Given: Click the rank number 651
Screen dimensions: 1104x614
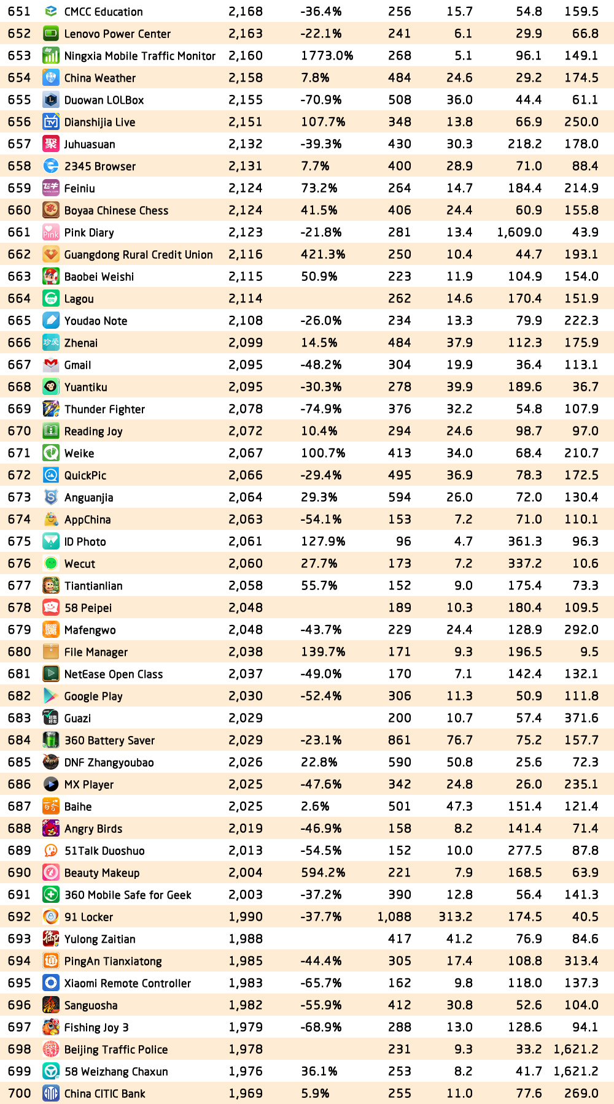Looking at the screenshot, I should click(19, 12).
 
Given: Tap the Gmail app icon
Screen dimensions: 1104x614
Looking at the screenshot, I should click(51, 365).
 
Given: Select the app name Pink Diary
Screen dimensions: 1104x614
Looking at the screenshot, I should click(89, 232).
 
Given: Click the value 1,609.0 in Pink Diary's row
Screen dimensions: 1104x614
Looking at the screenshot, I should click(519, 232).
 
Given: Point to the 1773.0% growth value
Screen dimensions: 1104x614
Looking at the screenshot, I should click(327, 56).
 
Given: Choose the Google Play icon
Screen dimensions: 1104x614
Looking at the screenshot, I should click(51, 696).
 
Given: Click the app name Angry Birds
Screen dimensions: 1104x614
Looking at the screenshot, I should click(93, 829).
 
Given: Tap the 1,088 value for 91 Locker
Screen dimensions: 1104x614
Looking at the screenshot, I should click(394, 917).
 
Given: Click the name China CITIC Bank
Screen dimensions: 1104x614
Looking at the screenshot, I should click(105, 1094).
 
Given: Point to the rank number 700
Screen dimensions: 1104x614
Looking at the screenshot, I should click(19, 1094).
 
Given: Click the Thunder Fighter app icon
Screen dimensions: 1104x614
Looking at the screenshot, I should click(51, 409).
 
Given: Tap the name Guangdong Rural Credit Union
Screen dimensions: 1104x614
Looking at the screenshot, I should click(139, 255).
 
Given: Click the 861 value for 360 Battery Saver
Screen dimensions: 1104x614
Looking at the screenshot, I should click(399, 740).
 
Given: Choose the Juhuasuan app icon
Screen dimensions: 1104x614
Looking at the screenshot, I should click(51, 144).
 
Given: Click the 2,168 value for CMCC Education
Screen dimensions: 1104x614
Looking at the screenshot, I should click(246, 12).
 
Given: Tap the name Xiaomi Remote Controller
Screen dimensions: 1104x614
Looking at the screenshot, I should click(128, 983).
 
